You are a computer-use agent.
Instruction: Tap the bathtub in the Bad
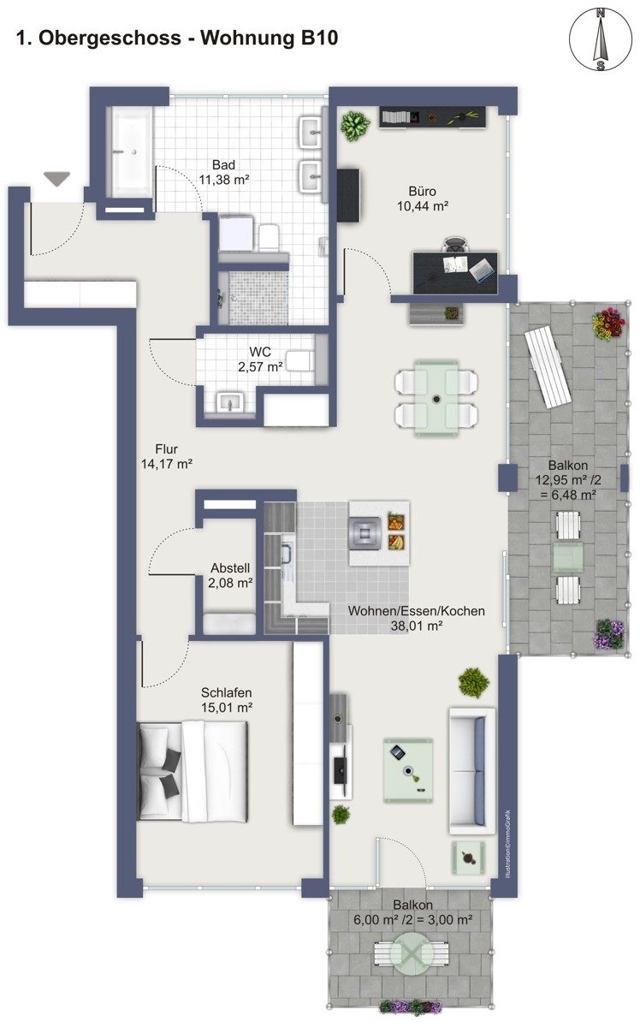point(129,152)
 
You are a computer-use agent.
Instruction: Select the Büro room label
point(422,191)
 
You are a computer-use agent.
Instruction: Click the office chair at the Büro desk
point(457,245)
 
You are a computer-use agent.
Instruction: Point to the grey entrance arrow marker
point(56,178)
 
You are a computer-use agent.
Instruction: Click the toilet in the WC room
point(301,360)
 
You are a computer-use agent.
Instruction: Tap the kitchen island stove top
point(364,532)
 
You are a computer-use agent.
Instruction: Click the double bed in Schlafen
point(193,771)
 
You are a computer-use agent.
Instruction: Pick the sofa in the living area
point(472,771)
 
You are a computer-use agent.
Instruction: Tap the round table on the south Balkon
point(412,953)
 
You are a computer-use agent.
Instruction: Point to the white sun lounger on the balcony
point(548,367)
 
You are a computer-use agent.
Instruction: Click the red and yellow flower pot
point(608,324)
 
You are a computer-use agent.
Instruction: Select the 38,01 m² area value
point(417,626)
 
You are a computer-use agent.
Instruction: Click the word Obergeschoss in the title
point(110,38)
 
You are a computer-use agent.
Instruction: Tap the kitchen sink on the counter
point(286,554)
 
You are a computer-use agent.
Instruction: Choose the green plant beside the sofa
point(473,683)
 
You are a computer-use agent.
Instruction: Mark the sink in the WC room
point(228,402)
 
